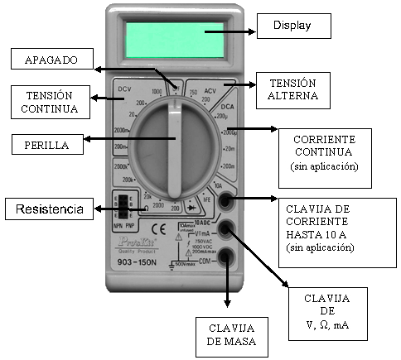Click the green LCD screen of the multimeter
[175, 39]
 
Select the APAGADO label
[51, 60]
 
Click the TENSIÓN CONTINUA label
[51, 101]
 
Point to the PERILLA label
[46, 145]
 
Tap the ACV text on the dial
[210, 88]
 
